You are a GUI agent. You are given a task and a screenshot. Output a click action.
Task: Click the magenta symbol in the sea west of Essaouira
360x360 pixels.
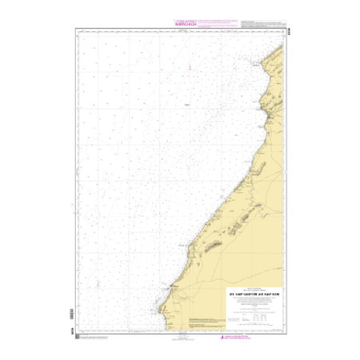(97, 285)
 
